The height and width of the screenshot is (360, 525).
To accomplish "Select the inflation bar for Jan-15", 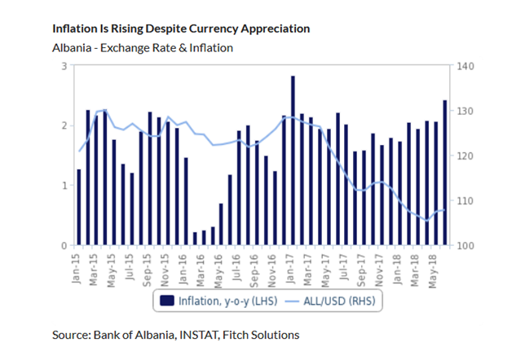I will click(79, 207).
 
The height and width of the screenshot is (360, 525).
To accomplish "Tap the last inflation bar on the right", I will click(444, 172).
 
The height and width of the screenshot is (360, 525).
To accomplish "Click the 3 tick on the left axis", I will click(64, 66).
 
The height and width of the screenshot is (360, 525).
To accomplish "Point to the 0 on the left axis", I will click(64, 245).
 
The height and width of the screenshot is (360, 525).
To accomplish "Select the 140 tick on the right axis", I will click(465, 66).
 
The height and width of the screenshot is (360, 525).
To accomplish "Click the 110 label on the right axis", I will click(465, 200).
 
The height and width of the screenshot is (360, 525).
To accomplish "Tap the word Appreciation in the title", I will click(271, 29).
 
